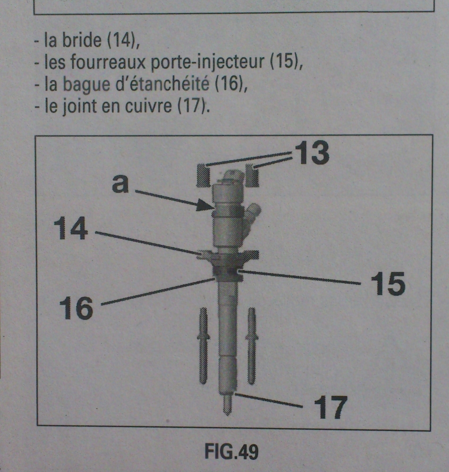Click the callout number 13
312,153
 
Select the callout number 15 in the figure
388,284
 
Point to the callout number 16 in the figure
76,307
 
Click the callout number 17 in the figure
330,407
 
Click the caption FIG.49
231,452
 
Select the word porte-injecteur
207,62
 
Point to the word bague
86,85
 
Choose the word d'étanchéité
162,84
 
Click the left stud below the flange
203,346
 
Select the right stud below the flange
252,346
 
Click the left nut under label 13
203,175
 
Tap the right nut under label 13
252,175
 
